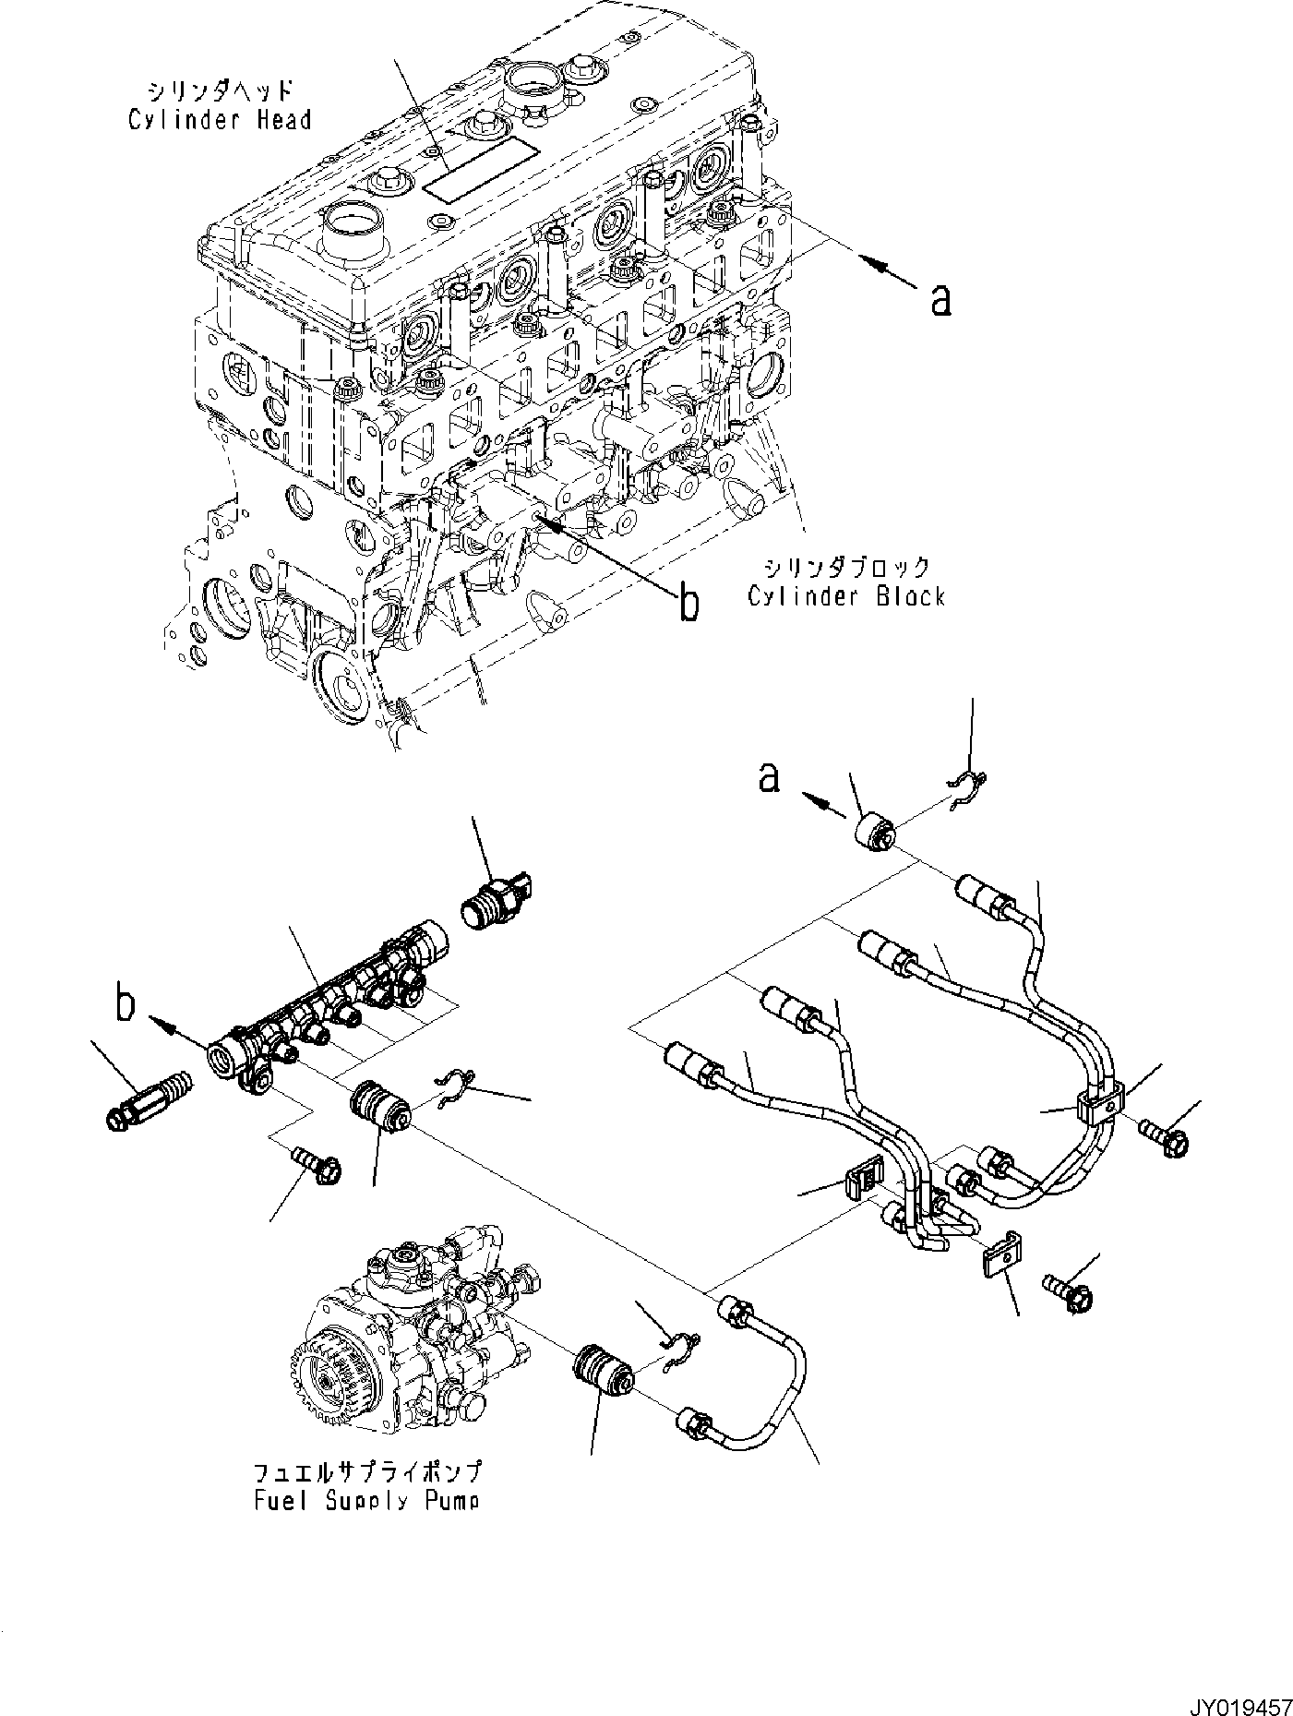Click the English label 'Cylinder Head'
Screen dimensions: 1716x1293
pyautogui.click(x=220, y=120)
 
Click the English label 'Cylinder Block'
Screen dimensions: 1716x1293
pyautogui.click(x=845, y=596)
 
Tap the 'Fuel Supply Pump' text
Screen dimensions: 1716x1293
pyautogui.click(x=366, y=1501)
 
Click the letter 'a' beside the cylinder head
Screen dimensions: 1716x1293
pyautogui.click(x=940, y=299)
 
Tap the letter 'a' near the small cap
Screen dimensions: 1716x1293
pyautogui.click(x=769, y=777)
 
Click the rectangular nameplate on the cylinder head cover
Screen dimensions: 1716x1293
pyautogui.click(x=479, y=170)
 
